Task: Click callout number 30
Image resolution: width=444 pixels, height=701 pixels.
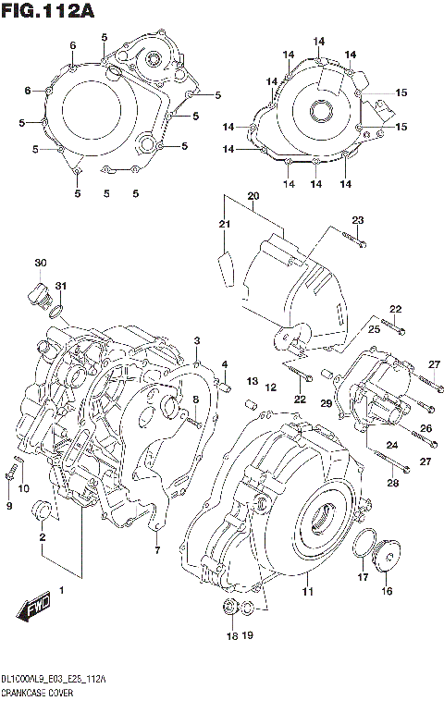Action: point(40,264)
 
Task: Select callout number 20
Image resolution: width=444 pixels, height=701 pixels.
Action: point(253,196)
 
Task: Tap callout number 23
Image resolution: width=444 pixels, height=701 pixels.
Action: point(358,219)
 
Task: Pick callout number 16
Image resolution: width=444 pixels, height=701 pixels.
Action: point(386,590)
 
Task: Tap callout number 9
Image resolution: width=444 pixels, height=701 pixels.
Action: point(8,506)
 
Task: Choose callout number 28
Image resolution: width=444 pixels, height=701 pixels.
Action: point(392,483)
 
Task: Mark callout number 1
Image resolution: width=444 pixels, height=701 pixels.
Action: point(61,589)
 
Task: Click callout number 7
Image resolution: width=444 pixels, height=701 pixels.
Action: point(157,551)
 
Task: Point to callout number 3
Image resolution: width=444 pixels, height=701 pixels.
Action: point(196,342)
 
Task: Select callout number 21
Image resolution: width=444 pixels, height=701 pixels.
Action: point(223,225)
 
